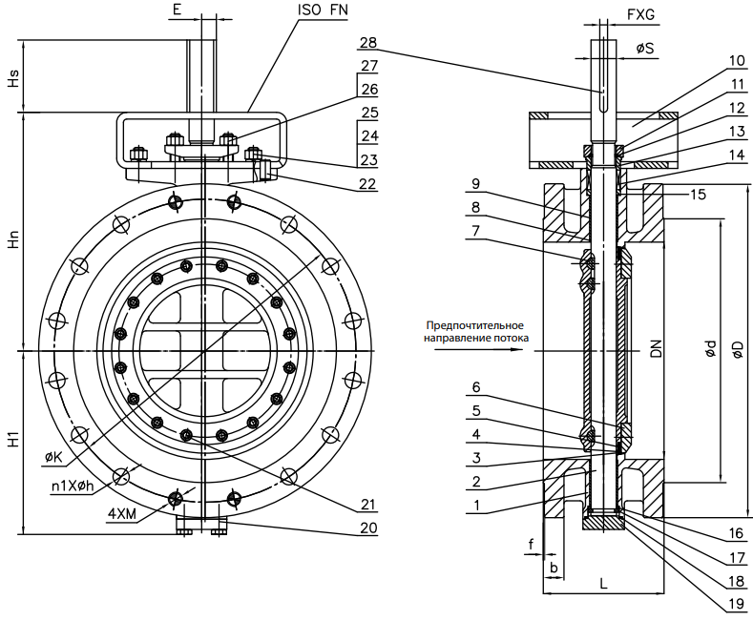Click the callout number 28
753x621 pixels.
pos(368,43)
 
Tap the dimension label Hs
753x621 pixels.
pos(12,77)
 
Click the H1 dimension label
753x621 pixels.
pos(12,441)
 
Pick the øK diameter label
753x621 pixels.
pos(54,459)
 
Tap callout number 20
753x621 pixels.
pos(368,527)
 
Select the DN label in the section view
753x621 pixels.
pos(657,349)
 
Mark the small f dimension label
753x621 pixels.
pos(532,545)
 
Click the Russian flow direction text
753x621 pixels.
pos(474,332)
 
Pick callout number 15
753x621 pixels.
pos(699,194)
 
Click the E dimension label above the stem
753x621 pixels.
pos(178,10)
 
